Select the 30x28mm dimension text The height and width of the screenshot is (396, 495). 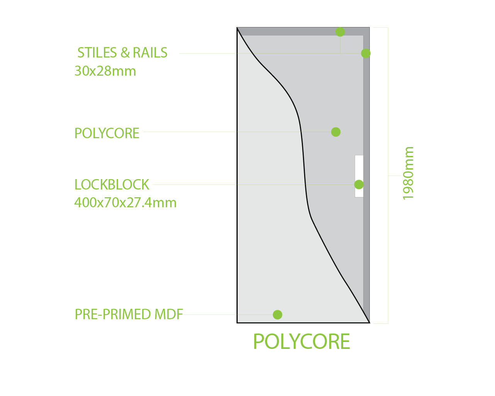[105, 71]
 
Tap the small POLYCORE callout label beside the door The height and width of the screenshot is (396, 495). [107, 133]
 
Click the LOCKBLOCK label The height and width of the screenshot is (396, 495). [112, 184]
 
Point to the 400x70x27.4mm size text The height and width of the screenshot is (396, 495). [125, 203]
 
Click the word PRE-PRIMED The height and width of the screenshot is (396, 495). [113, 315]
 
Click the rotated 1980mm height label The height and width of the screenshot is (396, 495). [408, 173]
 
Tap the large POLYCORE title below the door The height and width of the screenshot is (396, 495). [301, 342]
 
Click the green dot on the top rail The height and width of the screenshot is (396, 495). [340, 32]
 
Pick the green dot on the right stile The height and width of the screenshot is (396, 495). [366, 53]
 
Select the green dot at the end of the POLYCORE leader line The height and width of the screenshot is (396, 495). [336, 132]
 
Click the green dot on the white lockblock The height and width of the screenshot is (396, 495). [359, 184]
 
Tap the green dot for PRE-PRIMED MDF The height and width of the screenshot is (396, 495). [277, 315]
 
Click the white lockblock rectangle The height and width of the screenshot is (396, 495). [359, 166]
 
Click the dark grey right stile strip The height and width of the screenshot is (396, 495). [366, 232]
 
